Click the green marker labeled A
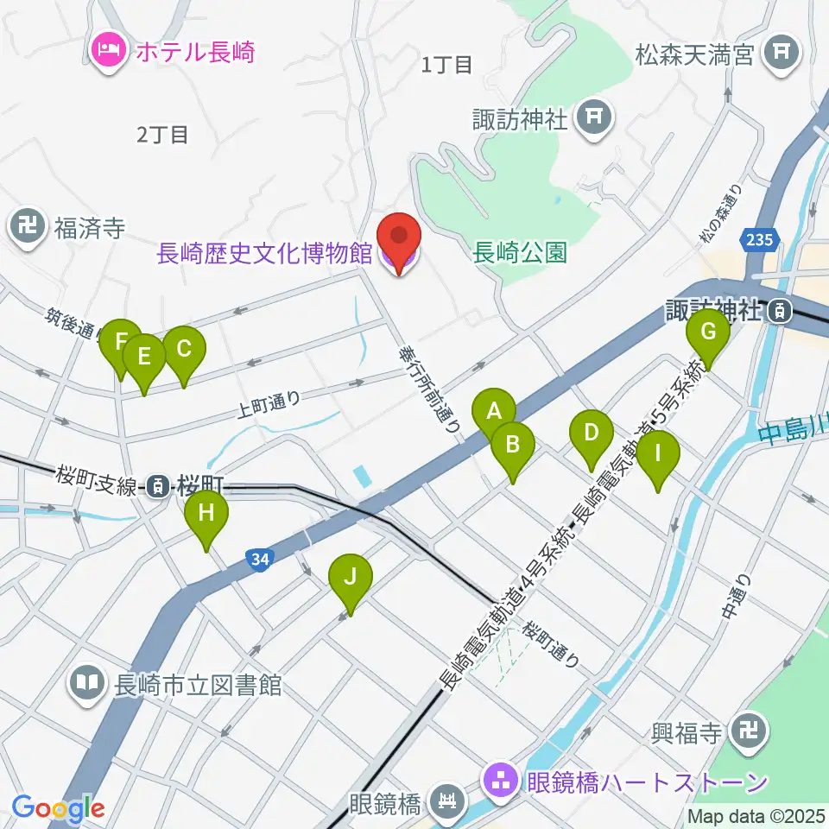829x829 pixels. (494, 411)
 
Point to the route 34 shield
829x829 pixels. (261, 560)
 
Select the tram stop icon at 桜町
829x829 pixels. (157, 486)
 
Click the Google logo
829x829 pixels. (57, 808)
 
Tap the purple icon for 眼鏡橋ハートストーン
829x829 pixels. (499, 782)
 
